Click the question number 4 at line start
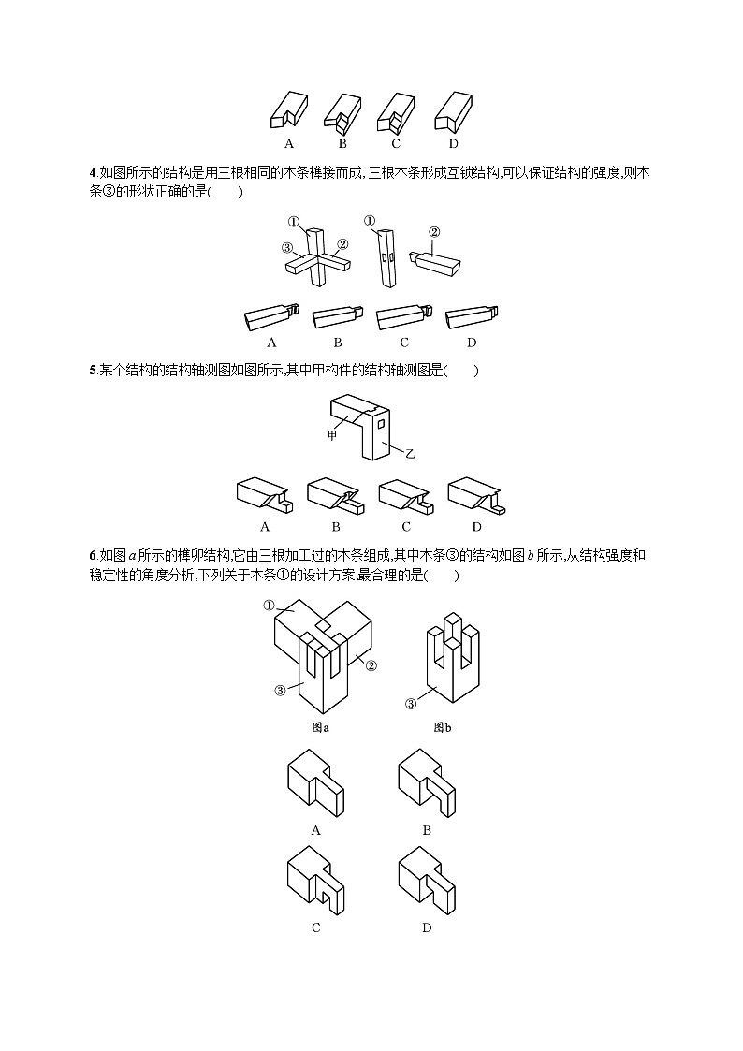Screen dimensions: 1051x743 [92, 170]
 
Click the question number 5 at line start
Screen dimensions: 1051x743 [92, 371]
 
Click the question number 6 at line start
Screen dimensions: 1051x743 [92, 556]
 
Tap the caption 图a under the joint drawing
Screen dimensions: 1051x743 [319, 726]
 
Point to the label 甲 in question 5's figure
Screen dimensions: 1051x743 [330, 435]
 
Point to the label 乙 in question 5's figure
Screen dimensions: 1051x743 [409, 453]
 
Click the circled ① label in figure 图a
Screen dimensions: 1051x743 [270, 606]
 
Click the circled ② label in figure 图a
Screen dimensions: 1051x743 [371, 665]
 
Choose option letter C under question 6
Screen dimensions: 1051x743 [315, 927]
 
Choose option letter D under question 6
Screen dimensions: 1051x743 [427, 927]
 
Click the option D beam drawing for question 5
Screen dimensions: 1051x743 [476, 497]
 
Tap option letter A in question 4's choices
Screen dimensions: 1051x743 [271, 343]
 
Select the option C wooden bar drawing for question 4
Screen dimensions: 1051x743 [402, 318]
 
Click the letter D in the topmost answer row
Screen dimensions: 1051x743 [453, 143]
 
